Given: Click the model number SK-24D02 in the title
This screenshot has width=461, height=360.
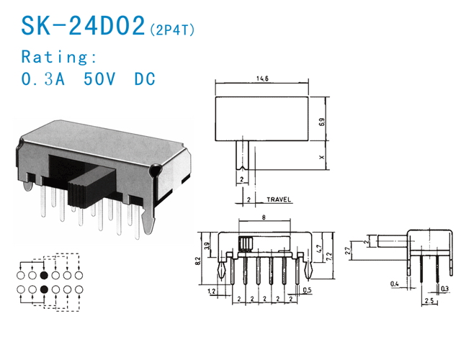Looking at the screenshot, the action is (x=84, y=26).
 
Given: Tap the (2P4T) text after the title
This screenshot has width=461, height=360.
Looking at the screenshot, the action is (x=172, y=30).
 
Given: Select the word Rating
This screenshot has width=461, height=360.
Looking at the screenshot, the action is (x=59, y=57).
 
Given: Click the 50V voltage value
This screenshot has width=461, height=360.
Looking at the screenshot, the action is (x=99, y=78).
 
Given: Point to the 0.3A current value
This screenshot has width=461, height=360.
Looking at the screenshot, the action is (x=43, y=78).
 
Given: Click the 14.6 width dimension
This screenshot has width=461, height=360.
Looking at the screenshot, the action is (x=262, y=78).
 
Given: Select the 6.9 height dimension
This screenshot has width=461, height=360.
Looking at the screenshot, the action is (x=322, y=122).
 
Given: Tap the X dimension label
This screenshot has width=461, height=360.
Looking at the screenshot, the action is (x=322, y=157).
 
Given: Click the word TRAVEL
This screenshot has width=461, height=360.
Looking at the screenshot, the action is (x=279, y=199).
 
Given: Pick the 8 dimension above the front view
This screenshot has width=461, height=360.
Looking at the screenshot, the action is (x=264, y=217).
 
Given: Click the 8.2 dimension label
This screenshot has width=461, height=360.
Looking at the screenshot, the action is (x=198, y=261).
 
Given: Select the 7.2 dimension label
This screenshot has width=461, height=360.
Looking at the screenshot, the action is (x=330, y=257).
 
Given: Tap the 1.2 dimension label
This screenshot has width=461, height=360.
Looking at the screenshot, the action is (x=211, y=291).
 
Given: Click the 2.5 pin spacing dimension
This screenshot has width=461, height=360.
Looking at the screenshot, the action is (x=429, y=301).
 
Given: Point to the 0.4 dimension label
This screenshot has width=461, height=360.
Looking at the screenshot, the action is (x=394, y=284).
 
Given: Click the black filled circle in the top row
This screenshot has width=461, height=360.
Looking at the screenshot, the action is (x=44, y=275).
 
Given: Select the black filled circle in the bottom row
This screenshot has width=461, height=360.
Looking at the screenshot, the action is (x=44, y=289).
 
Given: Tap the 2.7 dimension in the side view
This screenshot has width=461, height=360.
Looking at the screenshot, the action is (x=347, y=253).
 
